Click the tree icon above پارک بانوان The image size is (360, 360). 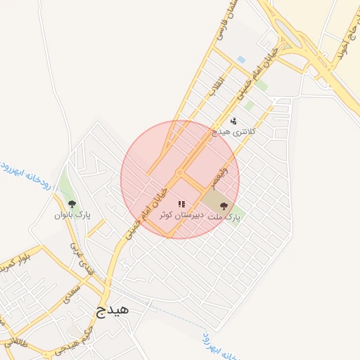point(72,204)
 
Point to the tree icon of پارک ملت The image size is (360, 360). point(224,206)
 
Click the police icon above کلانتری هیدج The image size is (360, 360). point(233,121)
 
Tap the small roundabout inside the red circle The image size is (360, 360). point(179,172)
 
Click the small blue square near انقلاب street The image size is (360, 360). point(241,59)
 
